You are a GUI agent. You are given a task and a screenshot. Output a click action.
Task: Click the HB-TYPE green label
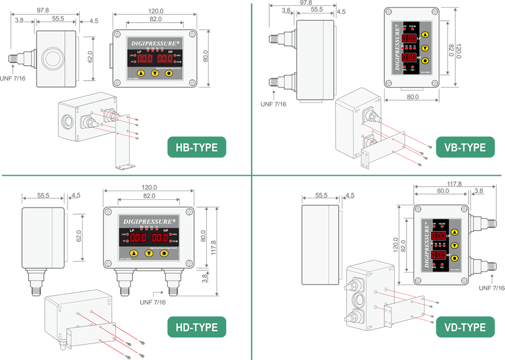[196, 147]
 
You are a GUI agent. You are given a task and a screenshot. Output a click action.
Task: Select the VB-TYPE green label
[464, 147]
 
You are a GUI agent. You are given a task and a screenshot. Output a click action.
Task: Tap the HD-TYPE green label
[196, 327]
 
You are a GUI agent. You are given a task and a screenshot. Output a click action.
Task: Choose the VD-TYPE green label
[464, 327]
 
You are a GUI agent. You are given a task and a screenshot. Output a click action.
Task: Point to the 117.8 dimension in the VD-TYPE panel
[450, 184]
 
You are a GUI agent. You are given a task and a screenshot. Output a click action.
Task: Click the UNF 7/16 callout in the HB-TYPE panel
[14, 78]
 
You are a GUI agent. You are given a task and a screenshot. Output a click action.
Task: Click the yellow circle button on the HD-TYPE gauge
[164, 254]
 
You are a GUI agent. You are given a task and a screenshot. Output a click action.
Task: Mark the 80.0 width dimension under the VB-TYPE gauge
[413, 97]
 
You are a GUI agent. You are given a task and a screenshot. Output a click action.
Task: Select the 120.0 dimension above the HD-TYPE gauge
[149, 188]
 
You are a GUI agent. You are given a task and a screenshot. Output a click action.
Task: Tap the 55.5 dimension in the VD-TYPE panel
[321, 195]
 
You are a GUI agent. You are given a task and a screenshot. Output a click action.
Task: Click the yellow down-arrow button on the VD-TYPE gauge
[455, 245]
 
